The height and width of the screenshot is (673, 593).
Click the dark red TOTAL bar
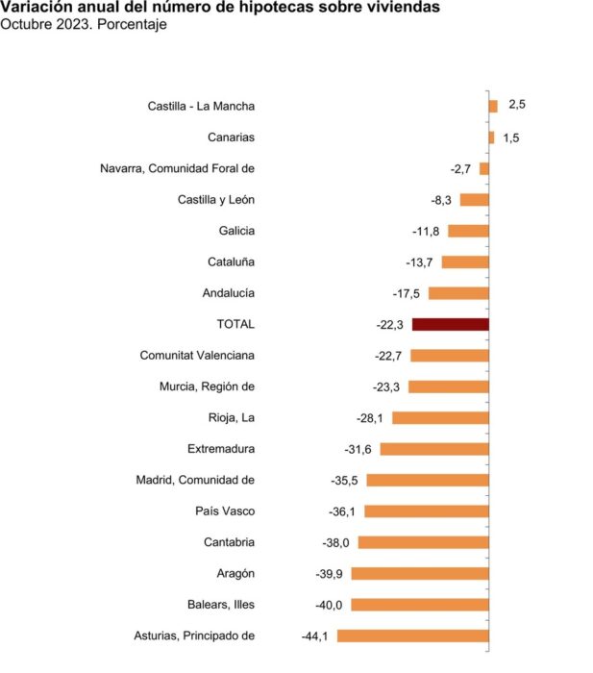pyautogui.click(x=451, y=325)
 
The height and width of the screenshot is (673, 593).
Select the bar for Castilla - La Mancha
pyautogui.click(x=493, y=106)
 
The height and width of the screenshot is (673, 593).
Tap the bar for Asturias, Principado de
pyautogui.click(x=412, y=636)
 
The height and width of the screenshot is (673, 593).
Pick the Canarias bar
pyautogui.click(x=492, y=137)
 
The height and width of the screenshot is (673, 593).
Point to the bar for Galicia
pyautogui.click(x=469, y=231)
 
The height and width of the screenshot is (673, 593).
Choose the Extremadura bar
pyautogui.click(x=434, y=449)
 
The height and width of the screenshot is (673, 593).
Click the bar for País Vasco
pyautogui.click(x=427, y=511)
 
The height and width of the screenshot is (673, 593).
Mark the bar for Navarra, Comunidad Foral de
pyautogui.click(x=484, y=168)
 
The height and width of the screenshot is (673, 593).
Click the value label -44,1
pyautogui.click(x=314, y=636)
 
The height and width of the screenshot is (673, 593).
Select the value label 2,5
pyautogui.click(x=517, y=104)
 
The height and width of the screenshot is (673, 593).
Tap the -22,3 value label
pyautogui.click(x=389, y=325)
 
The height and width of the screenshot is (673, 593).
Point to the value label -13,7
pyautogui.click(x=419, y=262)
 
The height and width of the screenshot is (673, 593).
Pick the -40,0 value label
pyautogui.click(x=329, y=605)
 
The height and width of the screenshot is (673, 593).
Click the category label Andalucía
pyautogui.click(x=229, y=293)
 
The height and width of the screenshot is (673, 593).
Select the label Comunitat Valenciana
pyautogui.click(x=197, y=356)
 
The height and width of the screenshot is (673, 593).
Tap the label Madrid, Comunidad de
pyautogui.click(x=195, y=480)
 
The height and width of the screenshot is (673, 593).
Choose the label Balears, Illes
pyautogui.click(x=221, y=605)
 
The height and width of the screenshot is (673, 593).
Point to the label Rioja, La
pyautogui.click(x=232, y=417)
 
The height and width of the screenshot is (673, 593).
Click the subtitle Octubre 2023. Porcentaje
pyautogui.click(x=84, y=24)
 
